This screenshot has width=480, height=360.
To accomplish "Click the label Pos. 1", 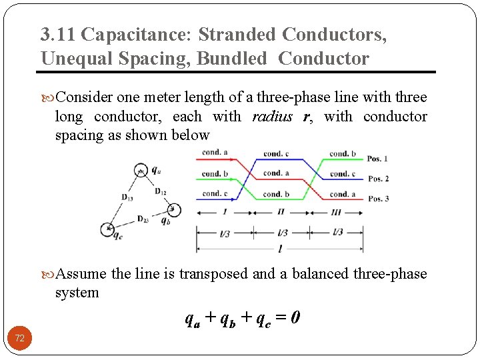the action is tap(379, 159).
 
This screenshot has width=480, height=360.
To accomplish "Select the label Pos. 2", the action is tap(379, 179).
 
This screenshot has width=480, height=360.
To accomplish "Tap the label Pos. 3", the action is tap(379, 199).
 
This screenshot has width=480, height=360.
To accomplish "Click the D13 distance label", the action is tap(127, 197).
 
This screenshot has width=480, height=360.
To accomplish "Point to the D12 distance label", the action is tap(161, 192).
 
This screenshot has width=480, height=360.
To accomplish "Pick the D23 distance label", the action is tap(143, 219).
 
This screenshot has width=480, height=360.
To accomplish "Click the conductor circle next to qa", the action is tap(140, 169).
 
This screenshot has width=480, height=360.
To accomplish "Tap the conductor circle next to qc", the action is tap(108, 230).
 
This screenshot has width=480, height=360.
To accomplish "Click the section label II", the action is tap(281, 212).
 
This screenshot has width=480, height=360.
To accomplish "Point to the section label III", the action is tap(336, 212).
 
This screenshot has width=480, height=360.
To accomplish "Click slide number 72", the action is tap(20, 339).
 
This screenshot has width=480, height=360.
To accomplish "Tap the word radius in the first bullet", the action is tap(272, 117).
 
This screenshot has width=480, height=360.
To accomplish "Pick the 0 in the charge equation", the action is tap(295, 318).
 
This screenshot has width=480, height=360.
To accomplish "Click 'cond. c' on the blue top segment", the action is tap(276, 154).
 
